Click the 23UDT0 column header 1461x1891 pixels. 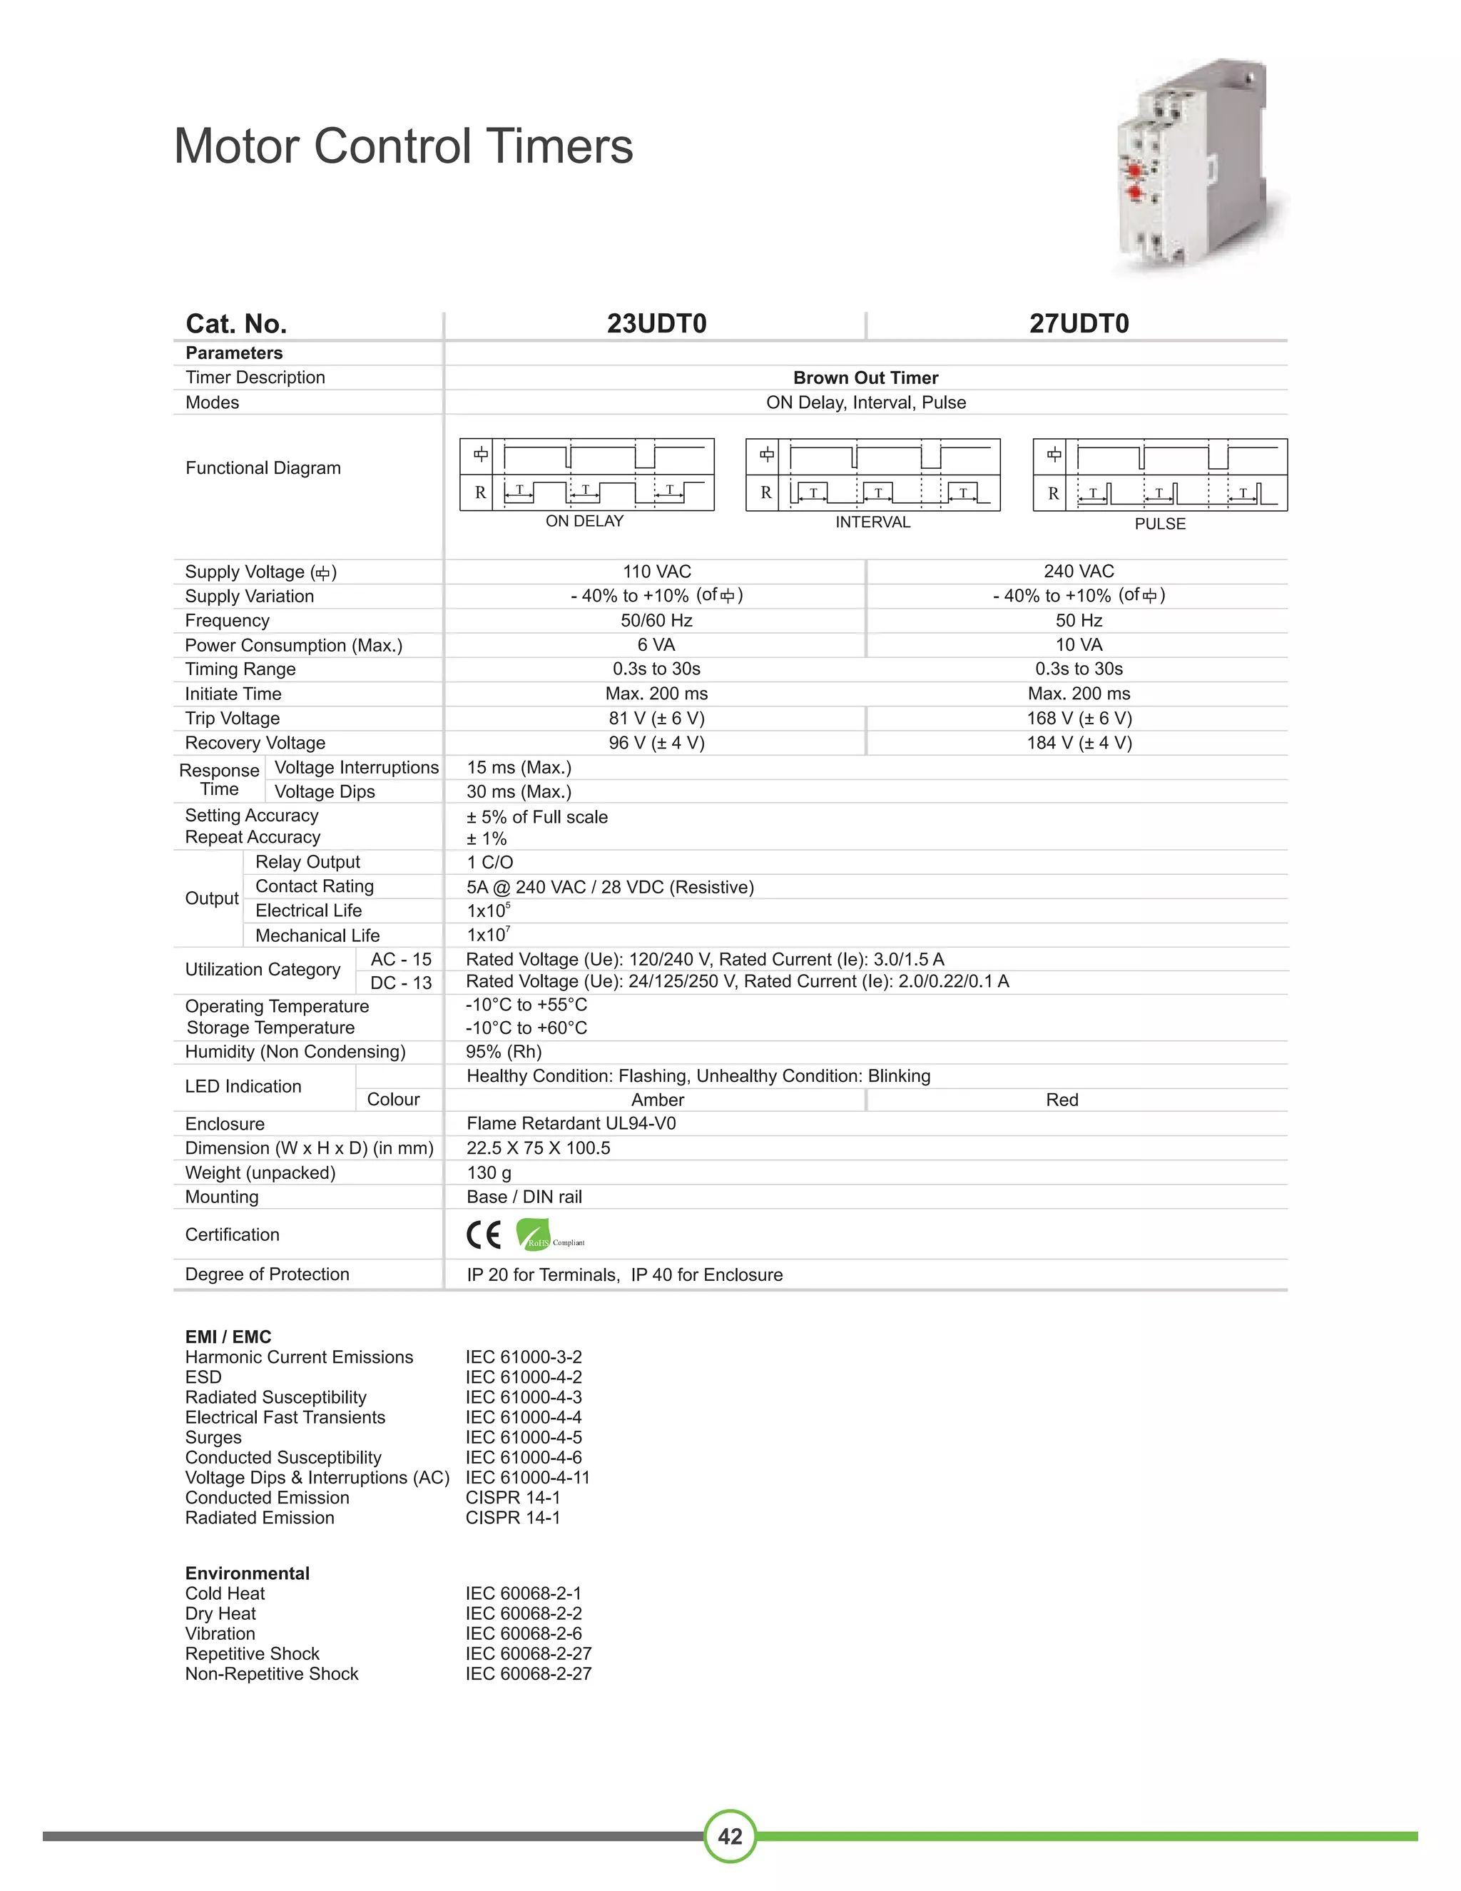[656, 324]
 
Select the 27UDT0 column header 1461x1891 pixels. [1079, 324]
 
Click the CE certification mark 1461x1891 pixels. [484, 1235]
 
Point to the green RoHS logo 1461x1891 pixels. [533, 1235]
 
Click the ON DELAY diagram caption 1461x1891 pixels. [584, 521]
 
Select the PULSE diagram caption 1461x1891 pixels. [1160, 524]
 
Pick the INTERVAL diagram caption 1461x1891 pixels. [872, 522]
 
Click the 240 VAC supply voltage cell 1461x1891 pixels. [1079, 572]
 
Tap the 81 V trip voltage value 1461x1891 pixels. [656, 719]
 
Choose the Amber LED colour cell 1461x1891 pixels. [657, 1100]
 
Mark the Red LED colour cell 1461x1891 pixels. [1062, 1100]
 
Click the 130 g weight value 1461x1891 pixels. [489, 1173]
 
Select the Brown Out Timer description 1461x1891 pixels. [865, 378]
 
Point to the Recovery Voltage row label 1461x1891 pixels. [255, 743]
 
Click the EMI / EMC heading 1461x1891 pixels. [228, 1337]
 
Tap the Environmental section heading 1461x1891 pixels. [248, 1573]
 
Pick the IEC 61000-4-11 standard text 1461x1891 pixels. [527, 1477]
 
